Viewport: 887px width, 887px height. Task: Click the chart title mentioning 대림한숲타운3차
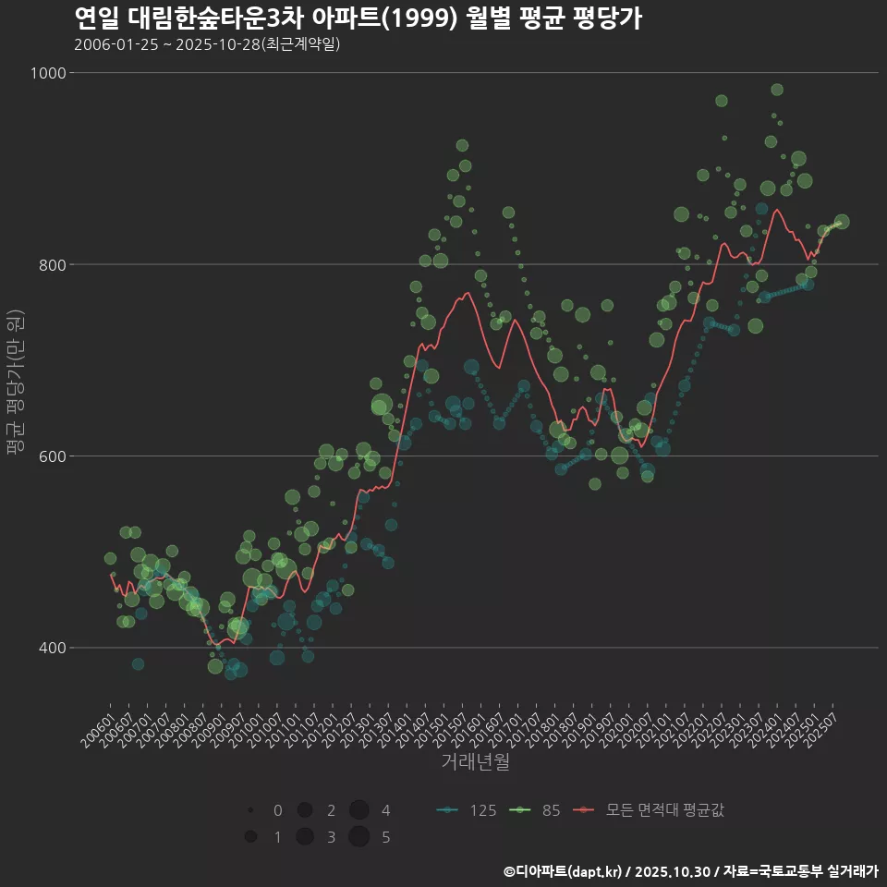[x=357, y=18]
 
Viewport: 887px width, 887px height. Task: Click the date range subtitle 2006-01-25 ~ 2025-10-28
[x=207, y=44]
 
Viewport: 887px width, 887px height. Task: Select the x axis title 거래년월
[x=475, y=761]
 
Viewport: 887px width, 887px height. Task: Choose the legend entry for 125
[x=467, y=810]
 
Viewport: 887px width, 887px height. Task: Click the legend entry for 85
[x=539, y=810]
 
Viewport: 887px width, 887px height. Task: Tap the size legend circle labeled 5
[x=359, y=837]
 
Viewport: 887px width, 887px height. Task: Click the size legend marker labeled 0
[x=250, y=810]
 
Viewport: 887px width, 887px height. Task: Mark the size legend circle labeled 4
[x=359, y=810]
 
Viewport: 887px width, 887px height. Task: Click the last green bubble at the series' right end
[x=842, y=222]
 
